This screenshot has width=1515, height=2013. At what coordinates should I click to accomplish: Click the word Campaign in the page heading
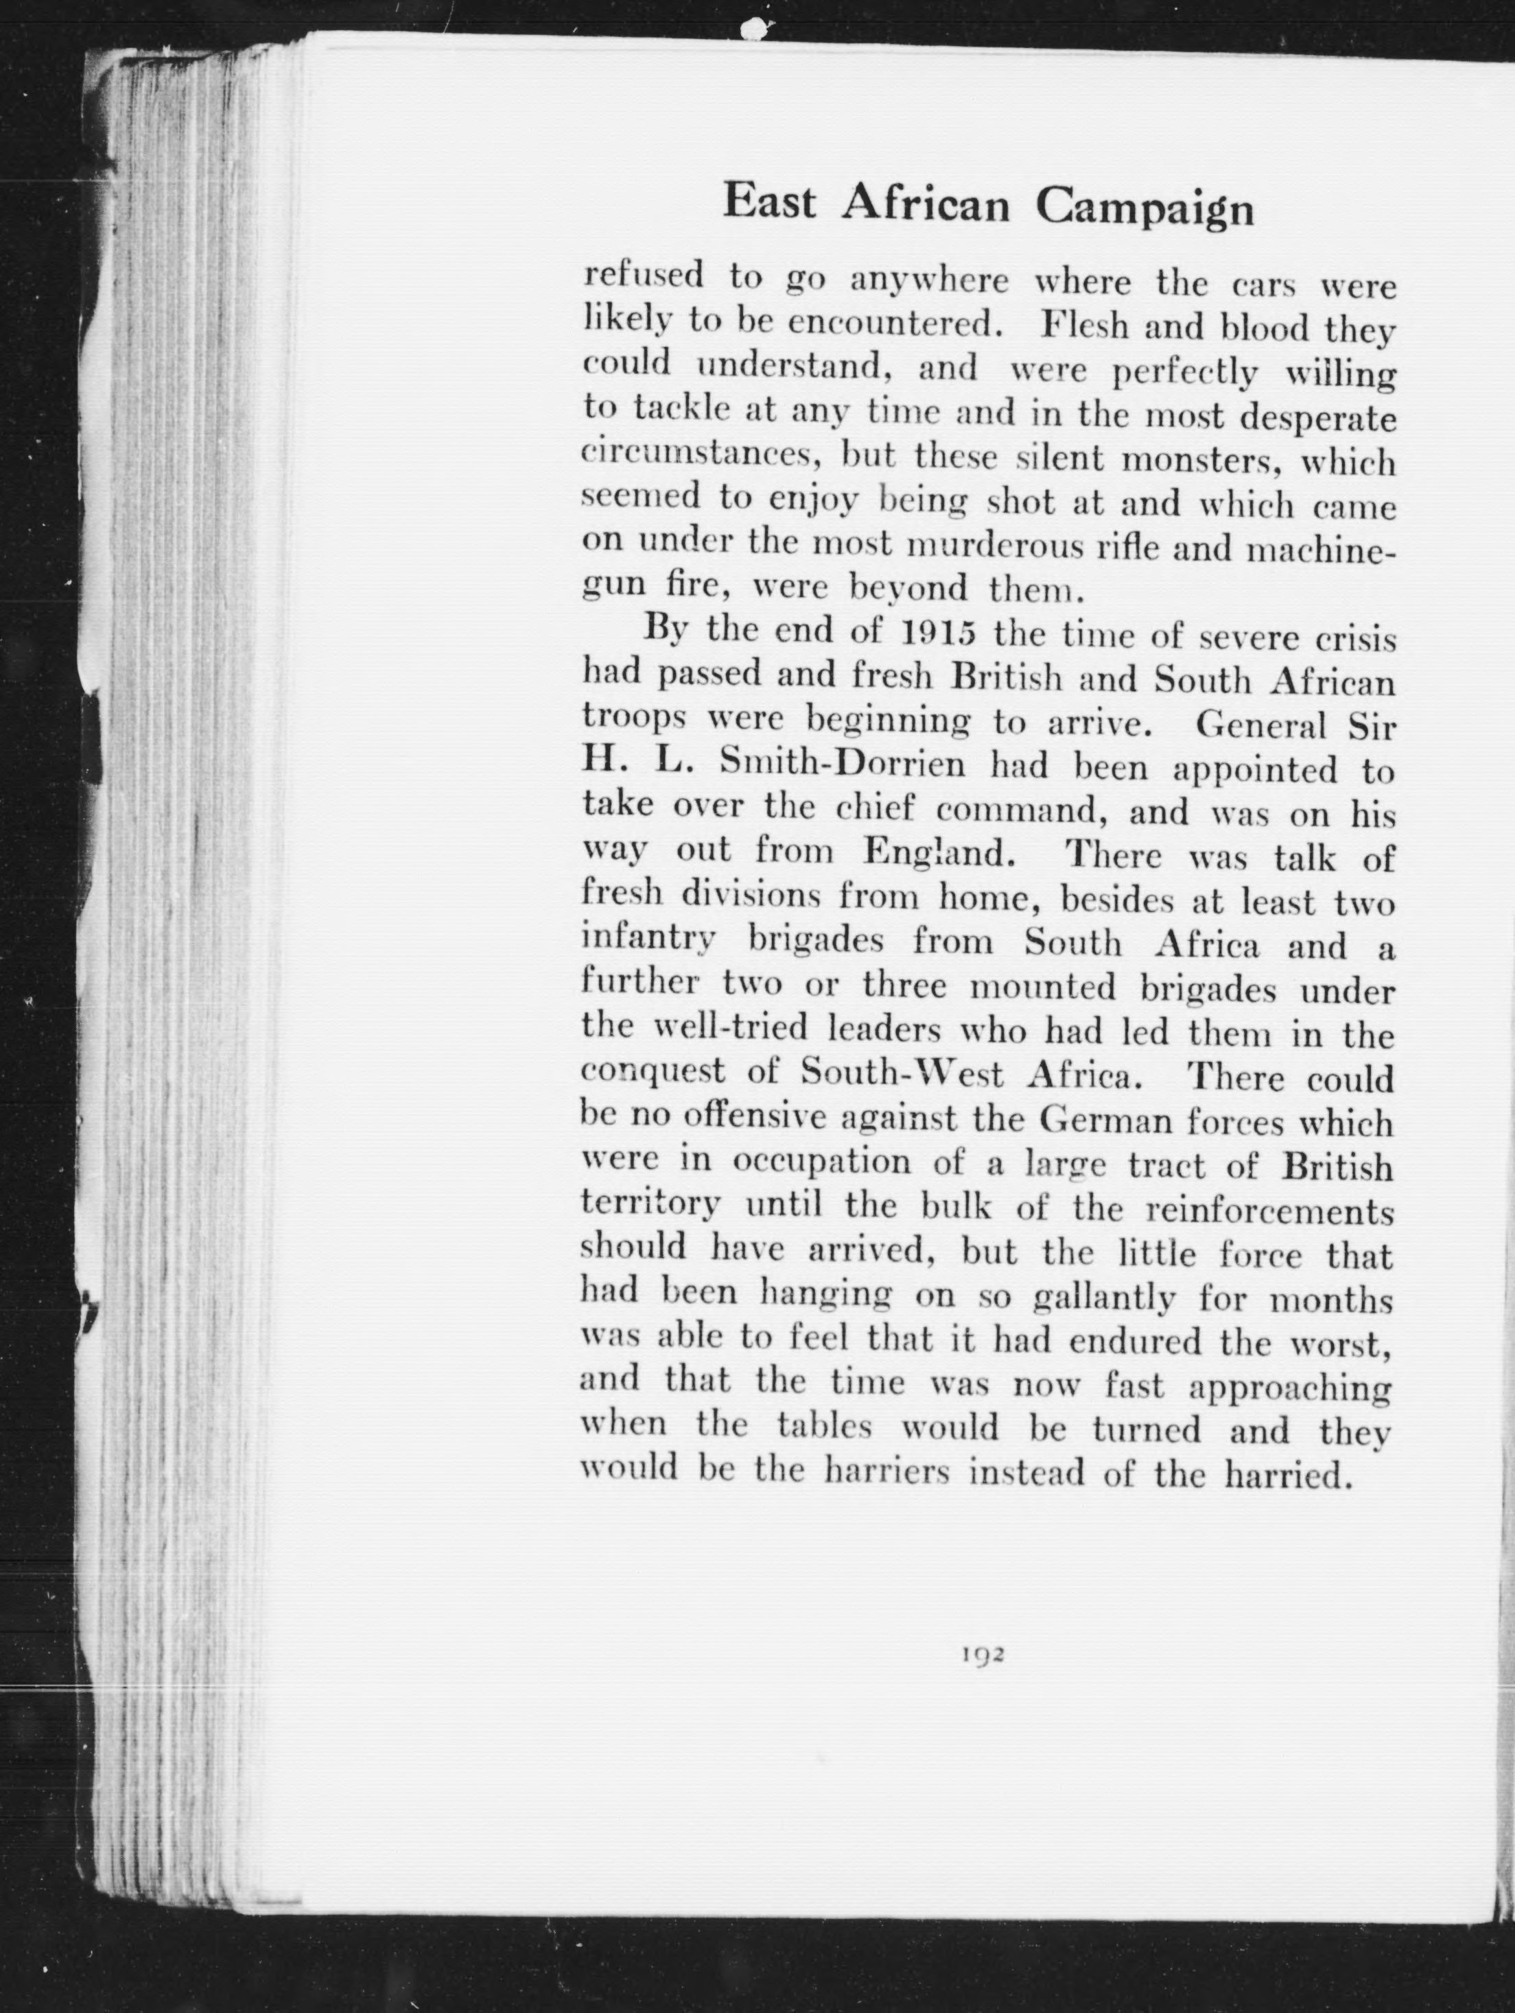pyautogui.click(x=1144, y=208)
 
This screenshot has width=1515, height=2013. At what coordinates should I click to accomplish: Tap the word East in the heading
pyautogui.click(x=768, y=202)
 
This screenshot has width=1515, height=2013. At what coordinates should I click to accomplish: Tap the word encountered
pyautogui.click(x=896, y=325)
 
